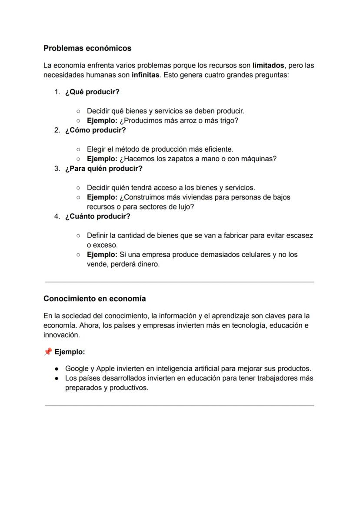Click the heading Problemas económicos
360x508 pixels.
87,48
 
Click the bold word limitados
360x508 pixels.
268,66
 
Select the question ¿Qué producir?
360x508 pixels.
92,92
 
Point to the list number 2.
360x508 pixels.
57,130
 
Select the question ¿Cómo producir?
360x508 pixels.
95,130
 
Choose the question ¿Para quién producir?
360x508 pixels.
103,168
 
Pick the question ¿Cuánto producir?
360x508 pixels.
97,216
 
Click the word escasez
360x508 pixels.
300,235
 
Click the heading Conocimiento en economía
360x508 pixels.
95,299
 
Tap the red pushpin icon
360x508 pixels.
48,352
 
